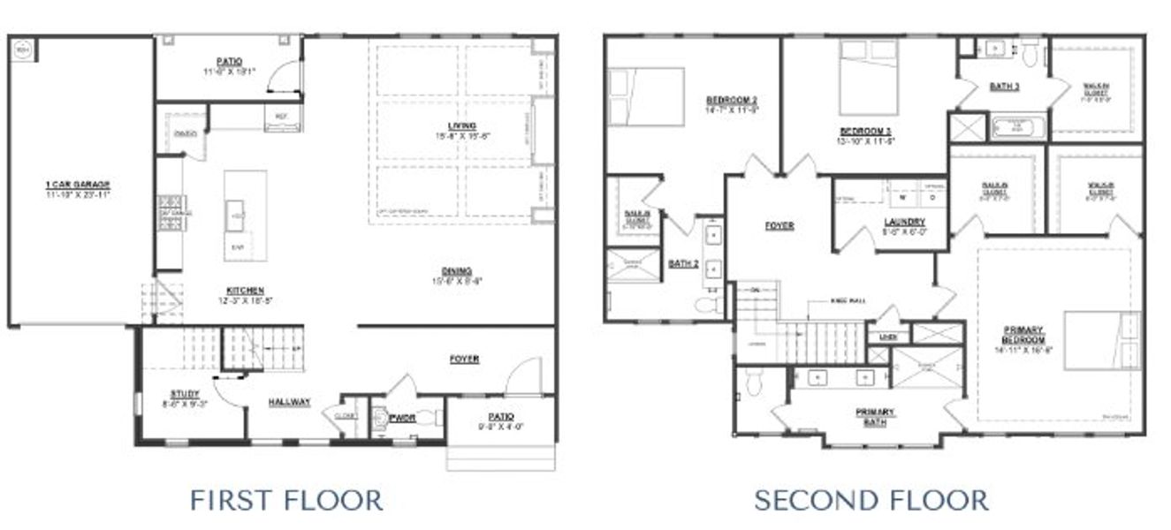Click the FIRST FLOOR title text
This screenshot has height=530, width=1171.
tap(286, 500)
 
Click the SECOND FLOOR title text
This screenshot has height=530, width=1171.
tap(871, 500)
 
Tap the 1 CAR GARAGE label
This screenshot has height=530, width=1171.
tap(78, 185)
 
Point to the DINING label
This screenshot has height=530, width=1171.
tap(457, 271)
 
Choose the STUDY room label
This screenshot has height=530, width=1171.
tap(185, 394)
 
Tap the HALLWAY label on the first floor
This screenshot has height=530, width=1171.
tap(290, 403)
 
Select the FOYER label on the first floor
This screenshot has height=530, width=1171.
tap(464, 359)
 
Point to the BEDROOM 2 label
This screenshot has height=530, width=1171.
tap(731, 99)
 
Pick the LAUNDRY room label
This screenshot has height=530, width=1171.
tap(904, 222)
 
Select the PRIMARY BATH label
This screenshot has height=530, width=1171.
tap(874, 417)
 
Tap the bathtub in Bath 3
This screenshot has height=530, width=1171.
tap(1018, 128)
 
